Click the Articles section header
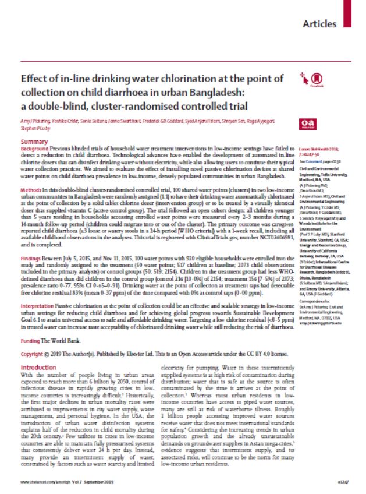click(320, 24)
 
